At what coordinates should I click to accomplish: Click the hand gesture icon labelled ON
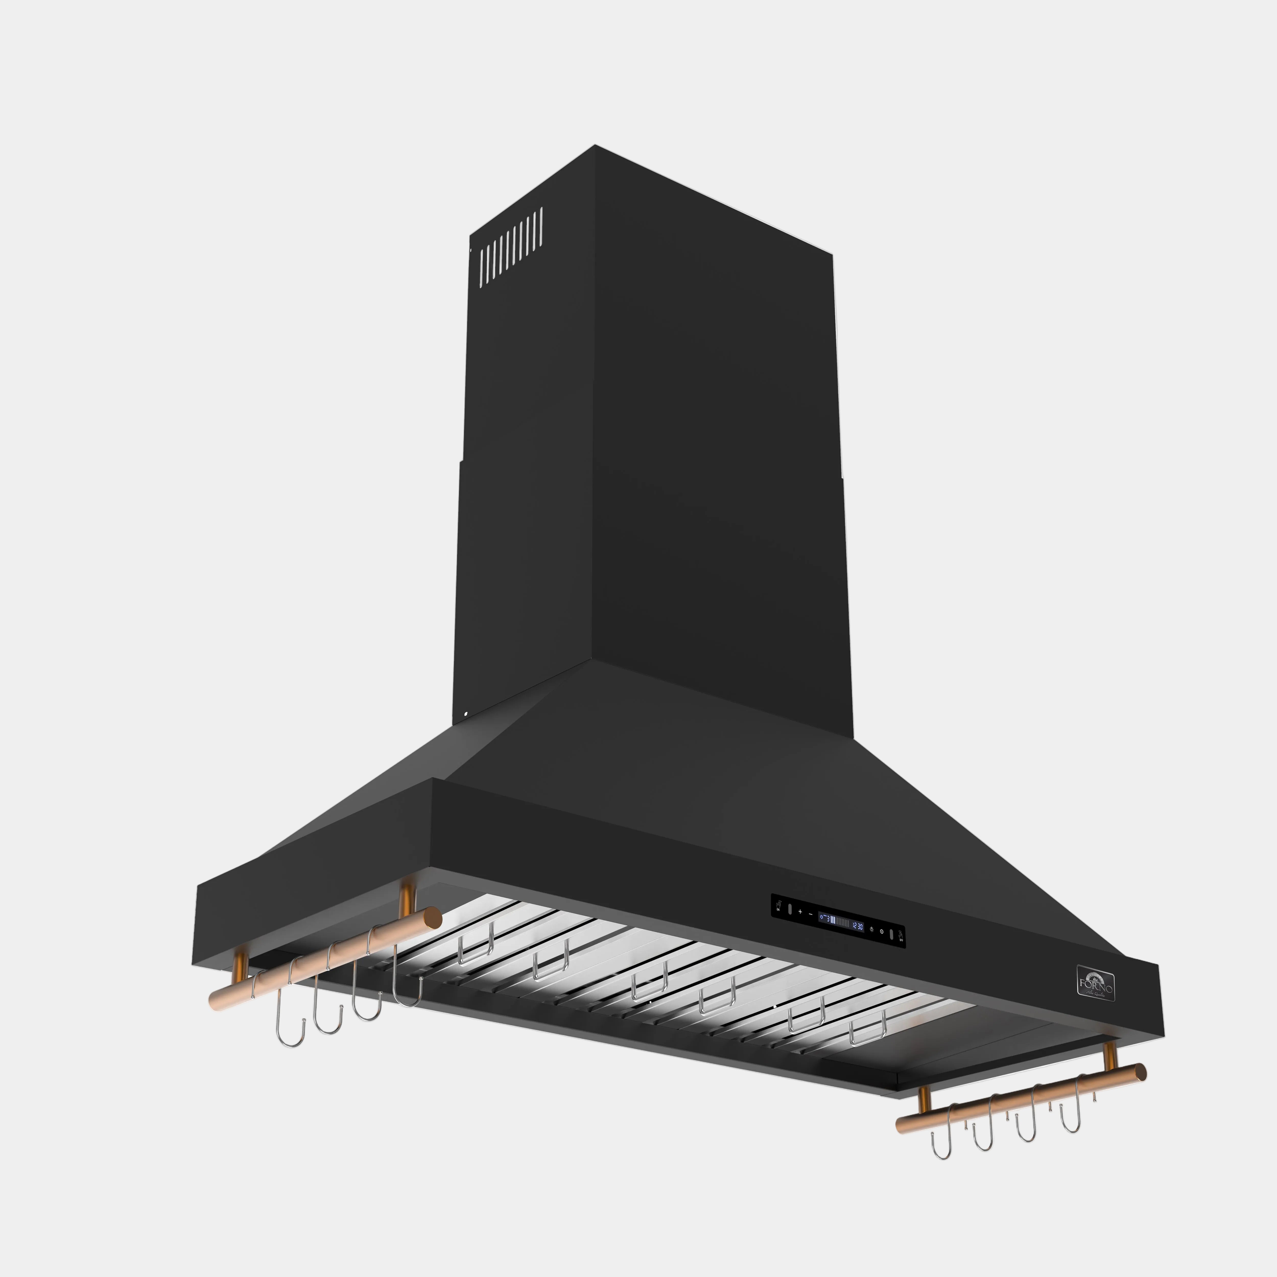pyautogui.click(x=779, y=906)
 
